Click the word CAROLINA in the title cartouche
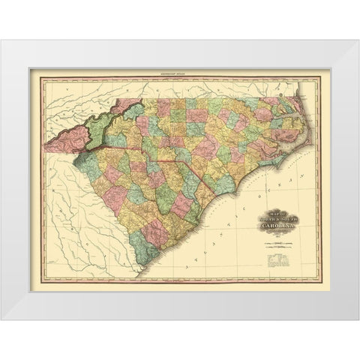point(279,224)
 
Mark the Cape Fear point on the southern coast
point(247,193)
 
